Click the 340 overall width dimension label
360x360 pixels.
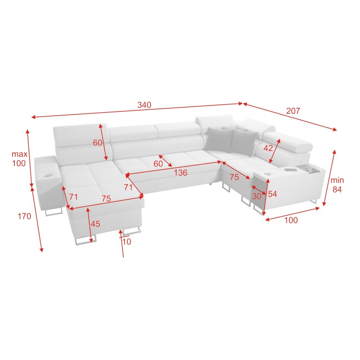point(144,105)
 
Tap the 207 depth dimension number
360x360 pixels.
point(292,111)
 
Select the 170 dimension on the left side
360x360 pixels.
point(24,216)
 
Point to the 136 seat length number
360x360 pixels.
point(181,172)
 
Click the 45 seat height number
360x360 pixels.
point(95,224)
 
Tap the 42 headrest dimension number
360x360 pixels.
point(268,148)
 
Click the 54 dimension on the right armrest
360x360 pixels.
point(272,194)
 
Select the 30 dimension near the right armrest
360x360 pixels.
point(257,196)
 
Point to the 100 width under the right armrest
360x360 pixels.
point(292,220)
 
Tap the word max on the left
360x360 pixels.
point(20,154)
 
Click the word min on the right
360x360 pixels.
point(337,180)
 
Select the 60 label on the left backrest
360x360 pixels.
point(98,143)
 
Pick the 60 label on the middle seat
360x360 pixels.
point(158,164)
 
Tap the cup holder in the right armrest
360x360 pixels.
point(268,173)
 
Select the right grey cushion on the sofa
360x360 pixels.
point(241,141)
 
